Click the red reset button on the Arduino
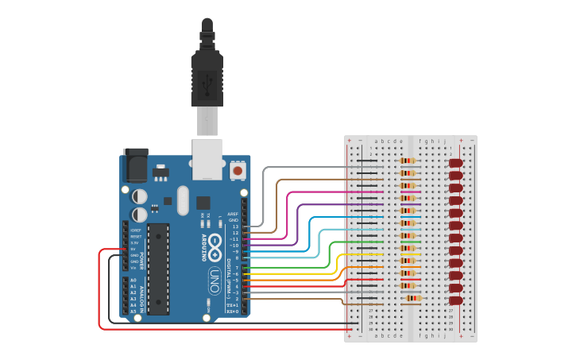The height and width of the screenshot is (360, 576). coord(238,170)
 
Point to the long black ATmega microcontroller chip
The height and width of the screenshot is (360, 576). coord(158,269)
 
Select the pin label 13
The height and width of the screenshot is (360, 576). coord(234,226)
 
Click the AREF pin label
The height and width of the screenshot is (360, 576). coord(233,214)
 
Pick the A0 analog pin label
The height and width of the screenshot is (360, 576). coord(133,281)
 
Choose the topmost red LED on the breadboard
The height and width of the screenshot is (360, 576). coord(456,163)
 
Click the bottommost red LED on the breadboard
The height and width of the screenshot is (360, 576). coord(455,300)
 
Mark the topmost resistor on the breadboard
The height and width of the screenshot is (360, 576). coord(408,161)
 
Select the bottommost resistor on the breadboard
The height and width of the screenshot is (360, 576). coord(412,299)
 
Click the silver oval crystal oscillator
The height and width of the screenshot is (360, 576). coord(184,200)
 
